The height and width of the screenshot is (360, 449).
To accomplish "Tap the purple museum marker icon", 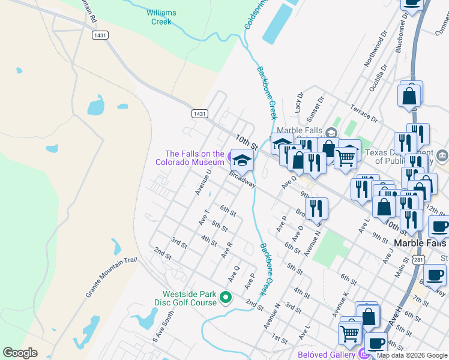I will tap(231, 158).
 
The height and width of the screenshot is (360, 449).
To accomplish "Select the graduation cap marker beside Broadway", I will tap(243, 160).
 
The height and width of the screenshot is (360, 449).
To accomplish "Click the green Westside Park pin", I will tap(226, 298).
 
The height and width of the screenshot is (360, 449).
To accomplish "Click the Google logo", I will tap(20, 353).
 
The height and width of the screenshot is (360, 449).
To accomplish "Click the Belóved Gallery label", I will tap(327, 354).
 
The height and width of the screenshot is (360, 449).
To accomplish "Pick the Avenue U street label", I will tap(203, 182).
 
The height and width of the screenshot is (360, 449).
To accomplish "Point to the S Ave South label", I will tap(158, 328).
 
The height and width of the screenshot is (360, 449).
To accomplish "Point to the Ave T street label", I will tap(204, 217).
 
